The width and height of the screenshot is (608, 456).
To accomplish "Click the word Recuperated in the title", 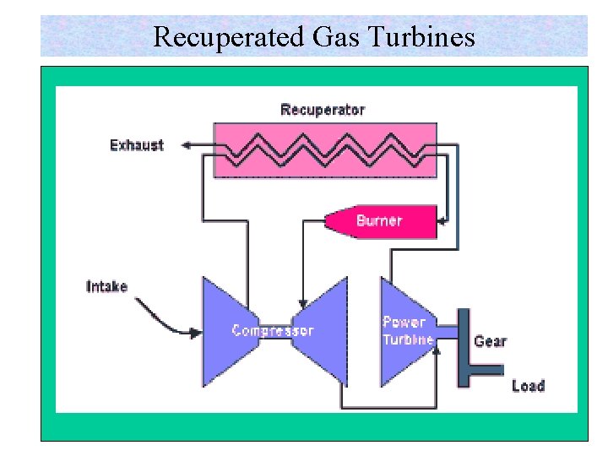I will point(216,36).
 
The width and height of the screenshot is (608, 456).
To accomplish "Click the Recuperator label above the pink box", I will point(323,110).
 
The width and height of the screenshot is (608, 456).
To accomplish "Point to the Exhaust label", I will point(137,145).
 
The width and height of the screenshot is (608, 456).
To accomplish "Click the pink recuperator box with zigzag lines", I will point(325,150).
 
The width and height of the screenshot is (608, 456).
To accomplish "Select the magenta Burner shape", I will point(380,221).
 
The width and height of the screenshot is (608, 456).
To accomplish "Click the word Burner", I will point(379,221).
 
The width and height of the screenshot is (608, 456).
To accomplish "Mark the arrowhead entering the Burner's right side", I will point(442,223).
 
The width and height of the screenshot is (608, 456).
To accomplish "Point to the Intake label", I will point(107,286).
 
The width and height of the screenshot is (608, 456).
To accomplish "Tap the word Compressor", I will point(273,331).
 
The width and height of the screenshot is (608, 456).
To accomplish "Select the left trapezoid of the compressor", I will point(224,329).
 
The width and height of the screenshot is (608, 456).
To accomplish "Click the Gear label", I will point(490,341).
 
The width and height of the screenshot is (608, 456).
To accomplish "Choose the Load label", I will point(528,386).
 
